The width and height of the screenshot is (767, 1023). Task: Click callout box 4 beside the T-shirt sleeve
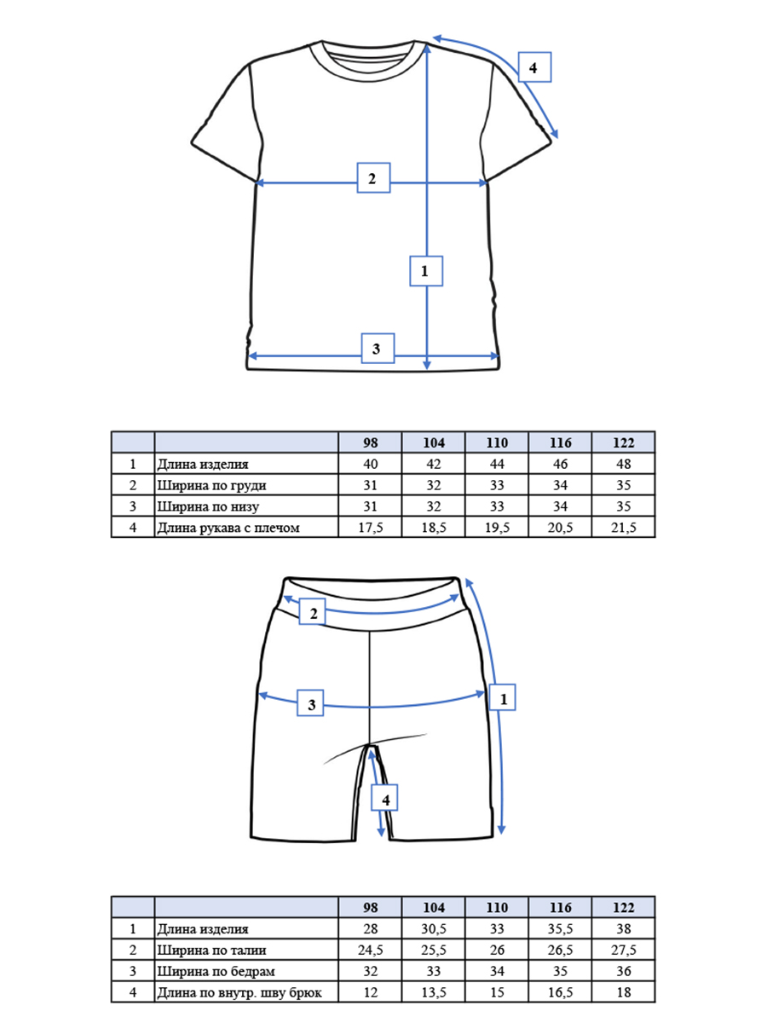coord(534,67)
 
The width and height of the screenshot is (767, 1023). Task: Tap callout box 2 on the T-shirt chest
coord(373,177)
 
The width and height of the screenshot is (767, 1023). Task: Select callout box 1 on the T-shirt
coord(426,271)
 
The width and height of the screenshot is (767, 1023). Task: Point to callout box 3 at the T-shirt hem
coord(378,348)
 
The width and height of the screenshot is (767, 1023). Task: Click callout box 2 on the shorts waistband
coord(312,612)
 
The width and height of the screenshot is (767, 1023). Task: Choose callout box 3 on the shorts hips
coord(310,703)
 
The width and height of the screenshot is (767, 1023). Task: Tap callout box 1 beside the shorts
coord(503,697)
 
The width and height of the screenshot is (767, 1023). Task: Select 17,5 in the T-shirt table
coord(370,527)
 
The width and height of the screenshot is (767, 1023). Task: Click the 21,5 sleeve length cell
coord(623,527)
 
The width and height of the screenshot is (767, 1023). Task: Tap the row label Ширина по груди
coord(211,485)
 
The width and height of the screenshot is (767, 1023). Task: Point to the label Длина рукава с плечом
coord(228,528)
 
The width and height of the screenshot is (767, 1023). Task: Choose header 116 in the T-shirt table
coord(560,442)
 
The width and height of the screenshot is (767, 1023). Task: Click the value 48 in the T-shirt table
coord(624,464)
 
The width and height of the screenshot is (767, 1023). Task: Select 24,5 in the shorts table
coord(370,950)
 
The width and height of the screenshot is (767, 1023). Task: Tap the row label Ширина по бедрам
coord(216,971)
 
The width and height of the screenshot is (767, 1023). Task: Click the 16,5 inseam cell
coord(560,992)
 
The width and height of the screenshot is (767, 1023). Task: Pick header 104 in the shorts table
coord(434,907)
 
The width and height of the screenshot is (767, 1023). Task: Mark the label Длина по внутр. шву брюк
coord(239,992)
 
